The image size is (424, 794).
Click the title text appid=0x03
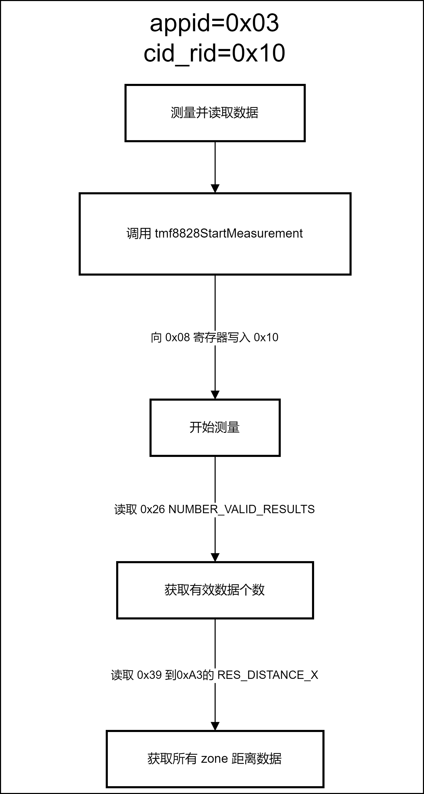click(x=214, y=23)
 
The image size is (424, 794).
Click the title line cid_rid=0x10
click(x=214, y=53)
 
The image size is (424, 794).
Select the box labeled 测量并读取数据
click(x=215, y=113)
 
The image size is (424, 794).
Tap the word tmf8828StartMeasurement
click(x=229, y=233)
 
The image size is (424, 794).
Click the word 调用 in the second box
click(x=139, y=234)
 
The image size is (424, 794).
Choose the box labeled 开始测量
click(x=215, y=427)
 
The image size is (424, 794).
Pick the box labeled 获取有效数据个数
click(x=215, y=590)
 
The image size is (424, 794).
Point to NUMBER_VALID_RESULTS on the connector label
click(x=242, y=510)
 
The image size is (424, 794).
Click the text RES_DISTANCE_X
click(x=268, y=675)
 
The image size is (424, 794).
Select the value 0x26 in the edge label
click(x=153, y=509)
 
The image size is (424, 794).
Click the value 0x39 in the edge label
click(x=149, y=675)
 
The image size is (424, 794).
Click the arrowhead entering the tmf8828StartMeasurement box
click(x=215, y=189)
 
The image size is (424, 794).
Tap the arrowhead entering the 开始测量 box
click(x=215, y=395)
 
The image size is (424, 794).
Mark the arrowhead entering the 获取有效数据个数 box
click(x=215, y=557)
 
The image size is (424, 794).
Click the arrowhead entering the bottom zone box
click(x=215, y=726)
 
